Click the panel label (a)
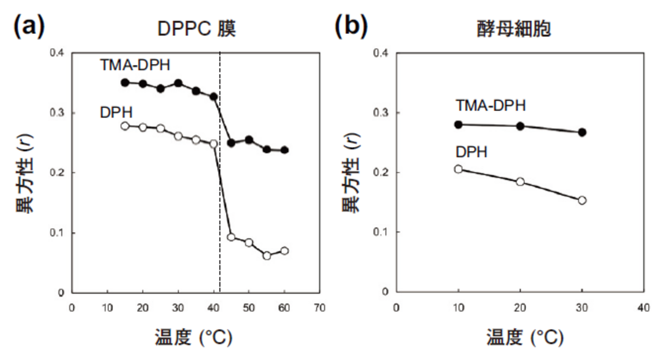pos(28,26)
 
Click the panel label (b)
pos(351,26)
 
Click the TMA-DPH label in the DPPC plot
pos(135,66)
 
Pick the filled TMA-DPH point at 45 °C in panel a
pos(231,143)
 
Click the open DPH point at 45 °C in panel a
pos(231,237)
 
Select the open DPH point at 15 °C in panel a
pos(125,126)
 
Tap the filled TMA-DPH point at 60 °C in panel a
pos(285,150)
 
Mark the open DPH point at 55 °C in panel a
pos(267,256)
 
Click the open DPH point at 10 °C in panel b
pos(459,169)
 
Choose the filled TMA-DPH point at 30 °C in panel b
pos(582,132)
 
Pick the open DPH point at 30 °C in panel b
pos(582,200)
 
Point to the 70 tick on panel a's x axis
pos(320,306)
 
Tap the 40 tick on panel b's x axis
pos(644,306)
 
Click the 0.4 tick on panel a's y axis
pos(58,53)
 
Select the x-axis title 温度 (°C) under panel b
pos(525,337)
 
